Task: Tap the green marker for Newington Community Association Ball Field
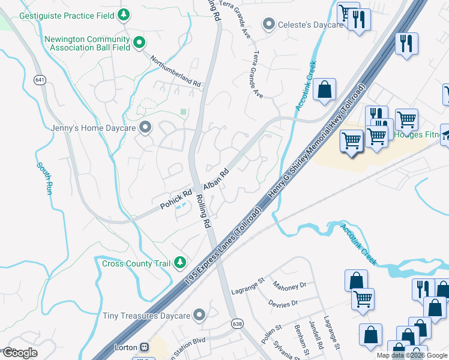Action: (139, 42)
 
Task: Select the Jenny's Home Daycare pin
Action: (145, 127)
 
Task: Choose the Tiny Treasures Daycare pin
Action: (199, 315)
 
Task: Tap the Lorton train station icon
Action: (144, 347)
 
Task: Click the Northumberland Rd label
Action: (176, 71)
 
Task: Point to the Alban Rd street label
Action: (216, 179)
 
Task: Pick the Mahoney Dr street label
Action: (289, 284)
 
